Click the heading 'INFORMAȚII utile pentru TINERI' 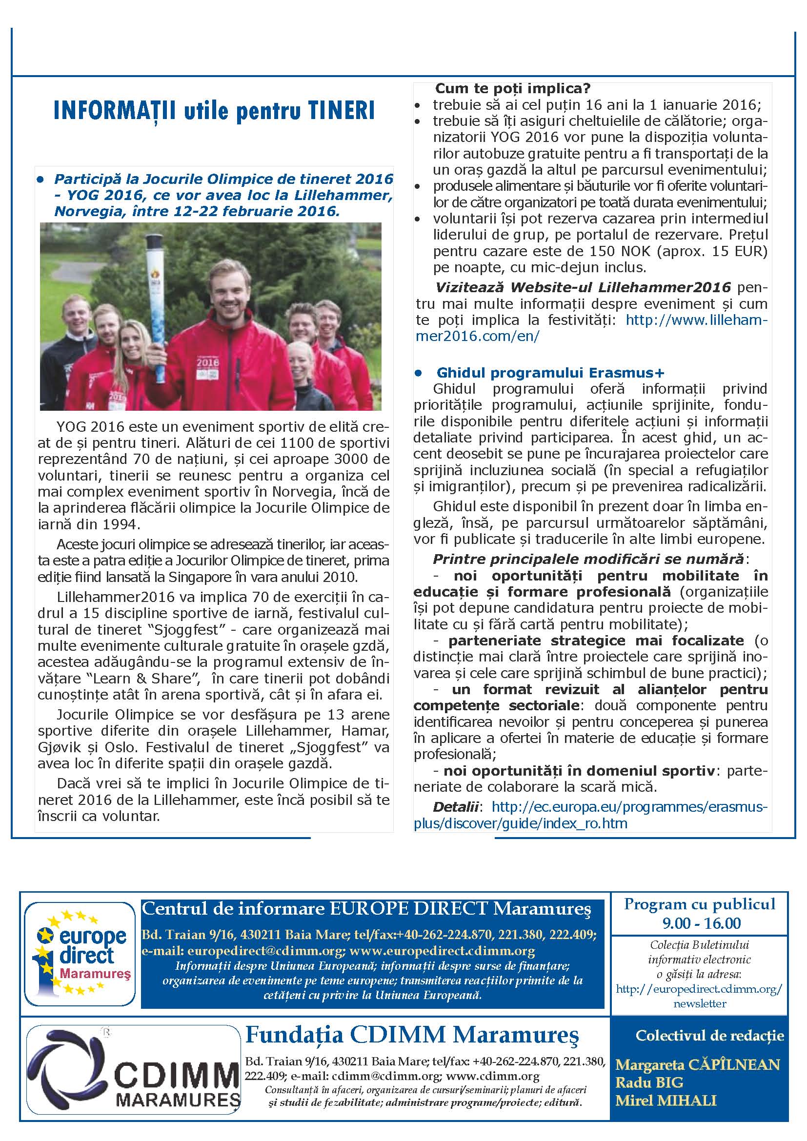point(214,111)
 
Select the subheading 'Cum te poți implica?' point(512,88)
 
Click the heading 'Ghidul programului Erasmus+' point(550,373)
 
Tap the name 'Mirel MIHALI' point(666,1100)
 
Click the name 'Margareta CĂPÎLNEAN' point(698,1064)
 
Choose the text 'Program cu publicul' point(700,903)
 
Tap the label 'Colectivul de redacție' point(709,1036)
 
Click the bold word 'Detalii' point(456,806)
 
